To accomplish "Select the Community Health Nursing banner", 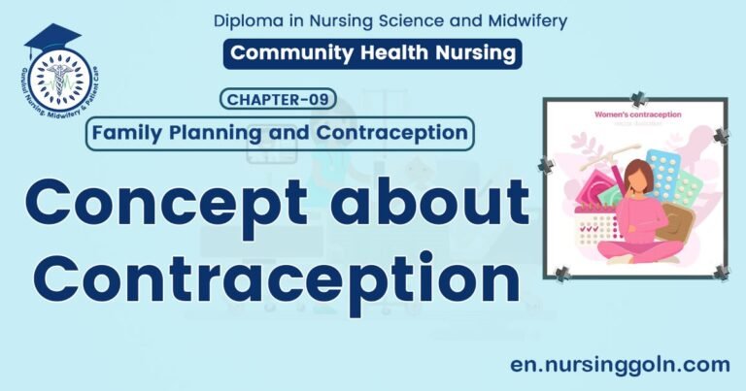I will coord(372,53).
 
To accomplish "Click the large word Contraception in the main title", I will coord(267,274).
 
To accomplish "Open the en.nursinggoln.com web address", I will coord(620,364).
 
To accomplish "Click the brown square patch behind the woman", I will coord(681,224).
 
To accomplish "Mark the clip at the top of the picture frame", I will coord(638,98).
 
